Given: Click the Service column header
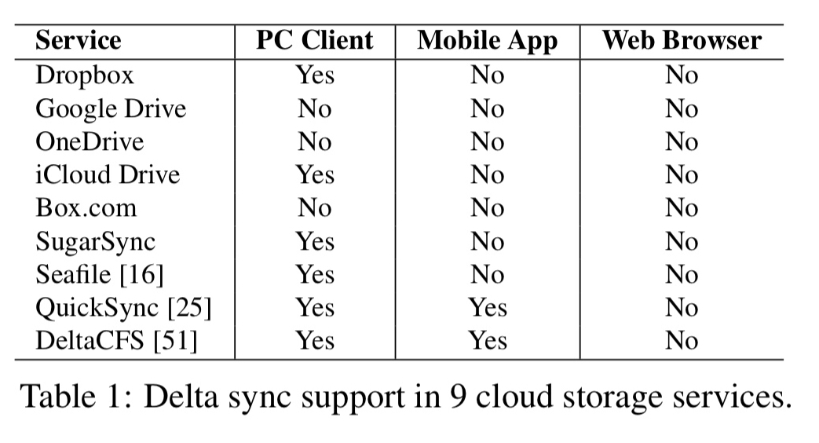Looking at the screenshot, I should pyautogui.click(x=78, y=41).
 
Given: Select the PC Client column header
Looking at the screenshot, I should pyautogui.click(x=315, y=41).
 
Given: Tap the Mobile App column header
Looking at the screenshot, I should pyautogui.click(x=487, y=41).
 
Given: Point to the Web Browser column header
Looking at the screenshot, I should pyautogui.click(x=682, y=41).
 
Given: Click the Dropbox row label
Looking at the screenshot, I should pyautogui.click(x=85, y=75).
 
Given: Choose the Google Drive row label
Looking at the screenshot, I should pyautogui.click(x=110, y=108).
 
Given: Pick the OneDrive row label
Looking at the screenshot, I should pyautogui.click(x=90, y=141).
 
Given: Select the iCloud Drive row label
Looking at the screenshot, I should pyautogui.click(x=108, y=174).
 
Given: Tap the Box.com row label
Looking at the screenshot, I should pyautogui.click(x=86, y=208).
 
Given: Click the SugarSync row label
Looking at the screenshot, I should pyautogui.click(x=96, y=241).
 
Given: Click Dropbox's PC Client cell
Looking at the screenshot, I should pyautogui.click(x=315, y=75).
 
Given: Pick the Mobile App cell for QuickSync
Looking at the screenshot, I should pyautogui.click(x=488, y=308).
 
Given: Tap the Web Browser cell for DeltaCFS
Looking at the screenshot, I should pyautogui.click(x=682, y=341).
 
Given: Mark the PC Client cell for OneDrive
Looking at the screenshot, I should pyautogui.click(x=315, y=141).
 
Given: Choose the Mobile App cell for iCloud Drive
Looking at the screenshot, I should pyautogui.click(x=488, y=174).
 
